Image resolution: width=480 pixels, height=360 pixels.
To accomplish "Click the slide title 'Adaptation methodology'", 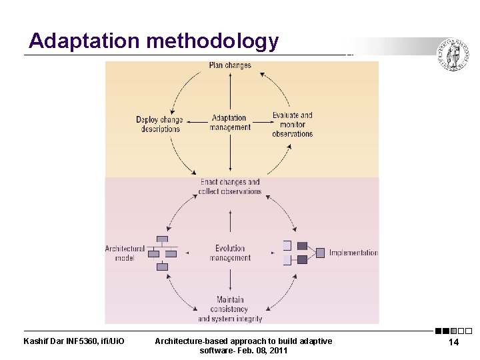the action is tap(153, 41).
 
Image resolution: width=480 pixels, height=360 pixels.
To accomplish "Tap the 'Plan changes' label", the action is tap(230, 65).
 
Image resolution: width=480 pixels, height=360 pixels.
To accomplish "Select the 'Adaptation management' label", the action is tap(230, 123).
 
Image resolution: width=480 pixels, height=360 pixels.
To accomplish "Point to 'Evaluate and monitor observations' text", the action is tap(292, 125).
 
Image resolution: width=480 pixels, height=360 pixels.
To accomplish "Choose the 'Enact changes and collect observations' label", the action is tap(230, 187).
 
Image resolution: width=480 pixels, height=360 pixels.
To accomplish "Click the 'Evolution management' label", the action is tap(230, 253).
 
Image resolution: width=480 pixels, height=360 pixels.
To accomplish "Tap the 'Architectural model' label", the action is tap(125, 253).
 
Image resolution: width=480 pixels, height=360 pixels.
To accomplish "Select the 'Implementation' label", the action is tap(353, 253).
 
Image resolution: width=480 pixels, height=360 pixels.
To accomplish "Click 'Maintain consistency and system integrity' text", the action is tap(230, 309).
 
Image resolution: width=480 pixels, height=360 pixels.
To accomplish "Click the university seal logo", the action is tap(453, 55).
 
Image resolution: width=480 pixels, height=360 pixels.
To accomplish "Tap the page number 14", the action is tap(453, 342).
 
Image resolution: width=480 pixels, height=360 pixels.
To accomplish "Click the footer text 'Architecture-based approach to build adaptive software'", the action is tap(243, 345).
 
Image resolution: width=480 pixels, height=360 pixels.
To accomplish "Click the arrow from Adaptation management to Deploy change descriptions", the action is tap(196, 121).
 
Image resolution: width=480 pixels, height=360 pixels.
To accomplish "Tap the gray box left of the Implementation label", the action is tap(320, 253).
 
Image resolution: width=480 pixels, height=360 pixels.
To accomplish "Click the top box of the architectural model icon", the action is tap(162, 240).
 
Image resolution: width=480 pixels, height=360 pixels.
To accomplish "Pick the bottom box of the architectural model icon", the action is tap(162, 267).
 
